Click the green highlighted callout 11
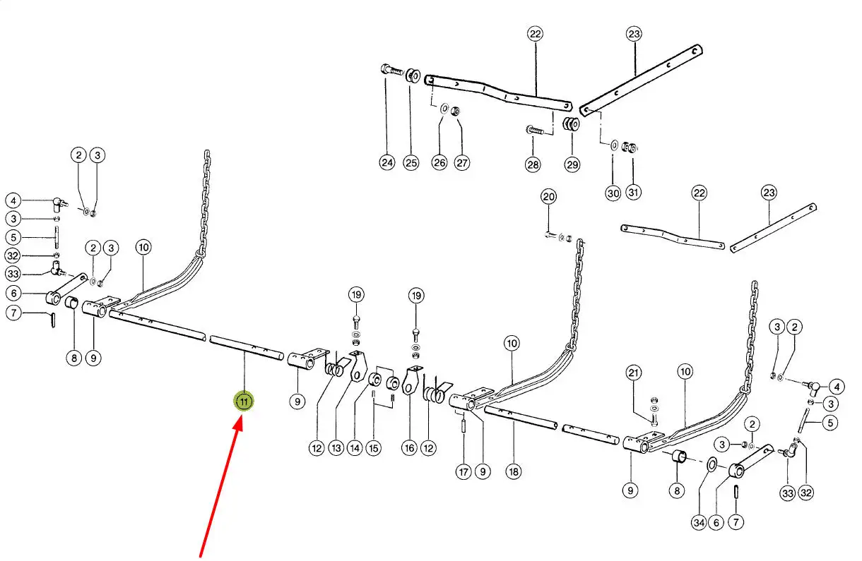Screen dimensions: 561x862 (x=244, y=402)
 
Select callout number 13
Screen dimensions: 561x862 (x=335, y=447)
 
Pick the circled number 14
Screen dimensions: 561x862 (x=354, y=447)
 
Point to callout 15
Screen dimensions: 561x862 (x=373, y=447)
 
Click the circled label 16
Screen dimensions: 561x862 (x=409, y=447)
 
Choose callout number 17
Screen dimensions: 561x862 (x=463, y=471)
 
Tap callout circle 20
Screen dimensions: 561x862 (x=549, y=196)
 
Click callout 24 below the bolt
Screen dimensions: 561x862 (x=386, y=162)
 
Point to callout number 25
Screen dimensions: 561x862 (x=411, y=162)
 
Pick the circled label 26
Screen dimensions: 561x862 (x=440, y=162)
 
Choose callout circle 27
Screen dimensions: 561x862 (x=461, y=162)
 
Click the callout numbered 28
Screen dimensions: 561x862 (x=532, y=164)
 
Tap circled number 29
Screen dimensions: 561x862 (x=572, y=164)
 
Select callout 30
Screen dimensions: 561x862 (x=613, y=193)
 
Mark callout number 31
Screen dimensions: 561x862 (x=633, y=193)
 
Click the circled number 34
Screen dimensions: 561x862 (x=699, y=523)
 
